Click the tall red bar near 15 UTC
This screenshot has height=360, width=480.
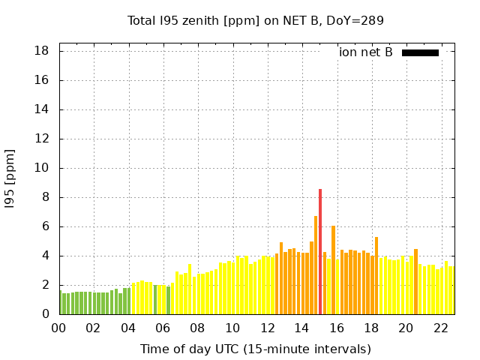tap(320, 251)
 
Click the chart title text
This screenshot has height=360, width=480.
tap(256, 20)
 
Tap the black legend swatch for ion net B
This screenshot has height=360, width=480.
tap(420, 52)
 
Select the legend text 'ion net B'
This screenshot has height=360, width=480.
tap(366, 52)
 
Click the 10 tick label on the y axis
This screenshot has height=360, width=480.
tap(42, 168)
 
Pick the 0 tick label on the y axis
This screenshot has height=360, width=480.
tap(46, 314)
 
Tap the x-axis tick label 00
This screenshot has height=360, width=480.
tap(58, 328)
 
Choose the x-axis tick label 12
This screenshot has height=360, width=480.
tap(266, 328)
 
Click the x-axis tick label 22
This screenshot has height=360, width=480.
tap(440, 328)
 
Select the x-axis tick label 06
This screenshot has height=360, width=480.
tap(163, 328)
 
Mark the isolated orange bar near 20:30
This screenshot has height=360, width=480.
tap(415, 282)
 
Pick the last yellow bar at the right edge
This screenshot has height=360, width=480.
tap(451, 291)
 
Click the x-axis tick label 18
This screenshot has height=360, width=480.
tap(370, 328)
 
